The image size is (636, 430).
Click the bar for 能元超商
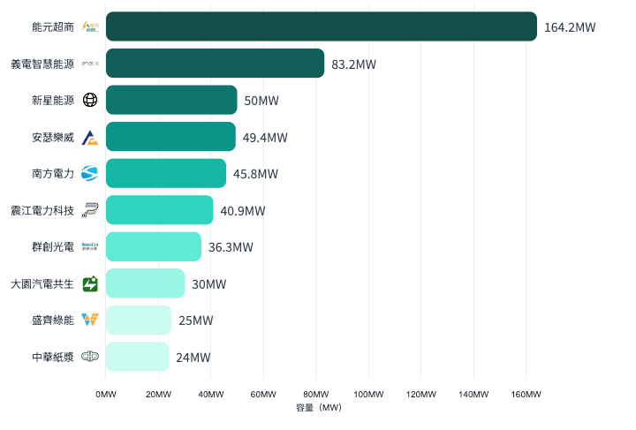coord(321,26)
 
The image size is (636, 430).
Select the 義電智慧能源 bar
coord(215,64)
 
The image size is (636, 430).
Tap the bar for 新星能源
coord(171,100)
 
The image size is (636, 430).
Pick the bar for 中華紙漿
coord(137,357)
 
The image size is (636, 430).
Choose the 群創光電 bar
coord(153,246)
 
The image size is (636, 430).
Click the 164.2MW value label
coord(570,27)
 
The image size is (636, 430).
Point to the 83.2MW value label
coord(353,64)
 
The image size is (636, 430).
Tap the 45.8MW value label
coord(255,174)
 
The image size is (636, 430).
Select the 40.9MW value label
coord(242,211)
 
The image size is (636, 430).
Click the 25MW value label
coord(195,321)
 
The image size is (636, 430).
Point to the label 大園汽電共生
coord(42,283)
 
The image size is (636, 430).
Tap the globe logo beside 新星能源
coord(90,100)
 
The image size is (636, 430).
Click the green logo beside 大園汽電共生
coord(90,283)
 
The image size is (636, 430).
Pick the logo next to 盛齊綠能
coord(90,320)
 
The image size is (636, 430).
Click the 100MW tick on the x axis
coord(368,394)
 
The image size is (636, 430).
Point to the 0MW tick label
coord(106,394)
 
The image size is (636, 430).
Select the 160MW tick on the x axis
coord(526,394)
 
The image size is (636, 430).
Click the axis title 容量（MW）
coord(320,408)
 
